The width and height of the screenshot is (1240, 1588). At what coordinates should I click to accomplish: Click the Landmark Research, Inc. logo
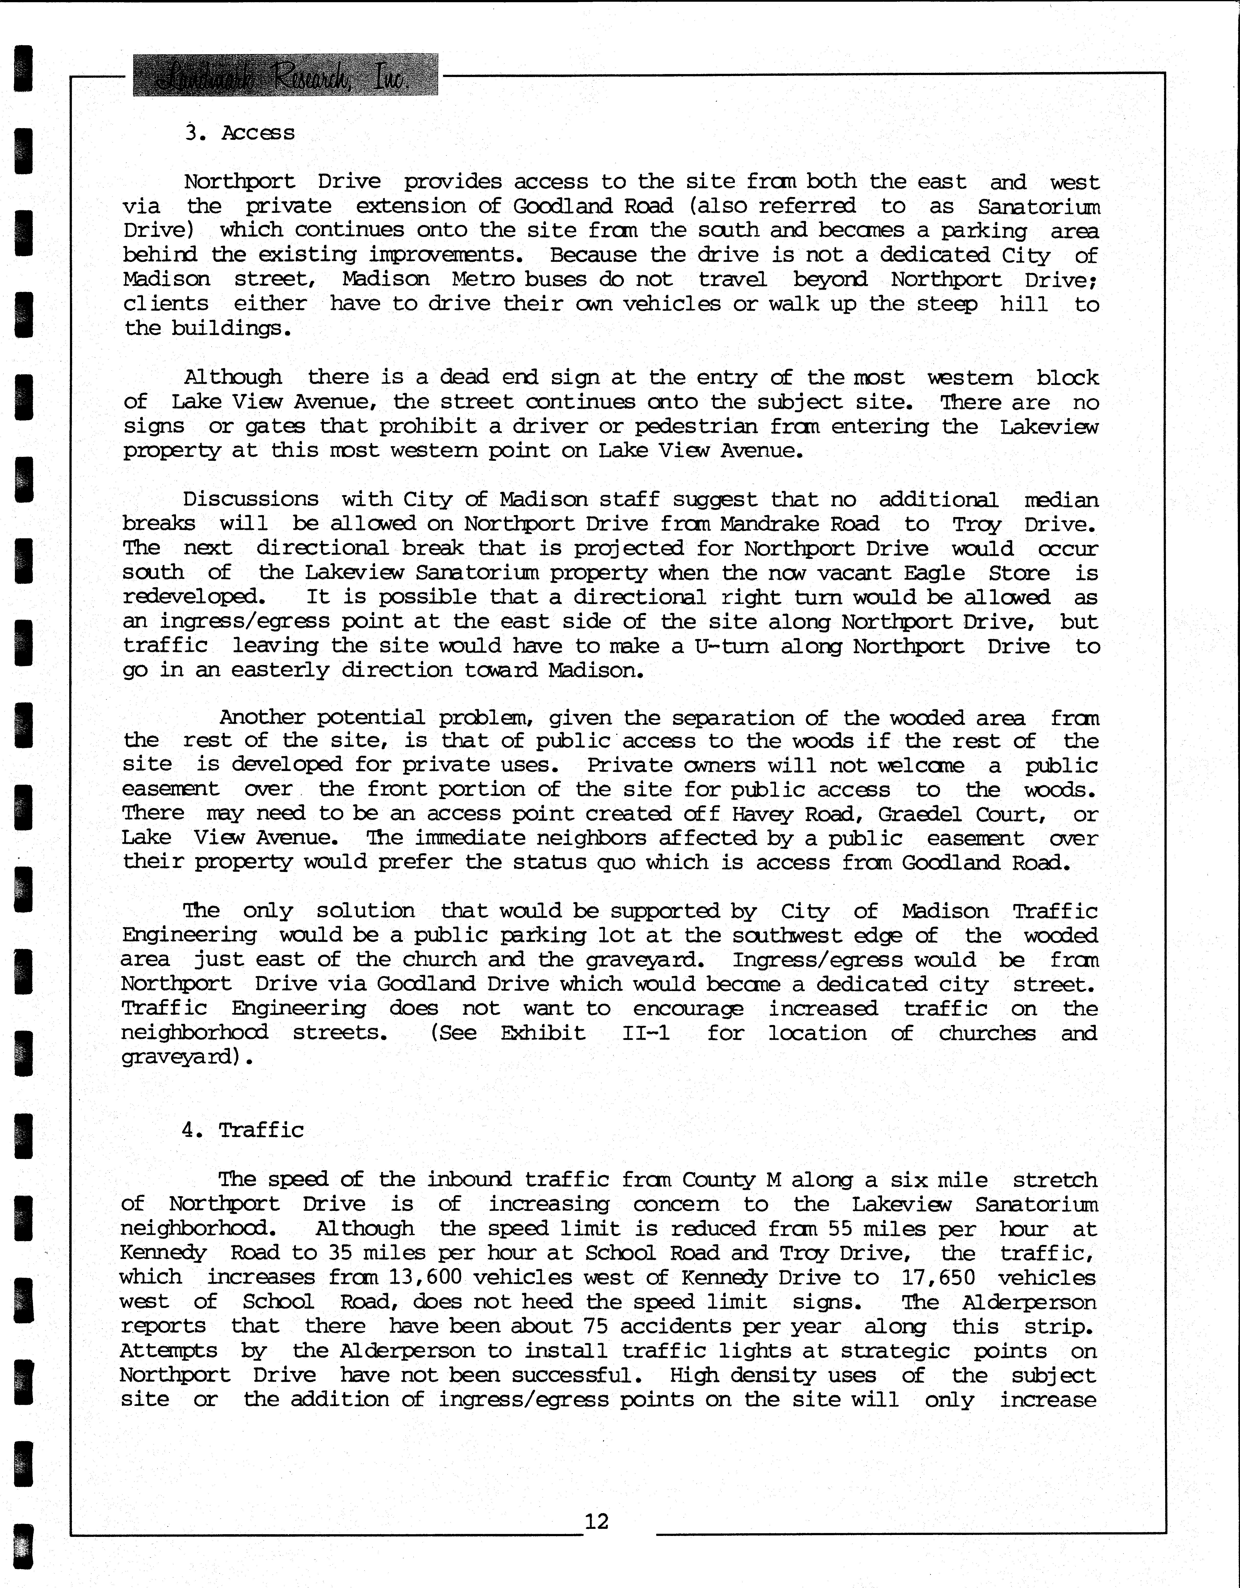click(285, 75)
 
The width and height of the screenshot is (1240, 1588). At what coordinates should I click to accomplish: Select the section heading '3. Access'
click(239, 133)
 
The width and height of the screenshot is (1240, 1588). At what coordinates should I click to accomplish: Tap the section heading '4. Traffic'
click(243, 1130)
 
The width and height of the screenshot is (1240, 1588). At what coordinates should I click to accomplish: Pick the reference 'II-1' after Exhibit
click(646, 1033)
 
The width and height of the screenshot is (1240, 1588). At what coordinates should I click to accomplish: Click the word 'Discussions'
click(251, 499)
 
